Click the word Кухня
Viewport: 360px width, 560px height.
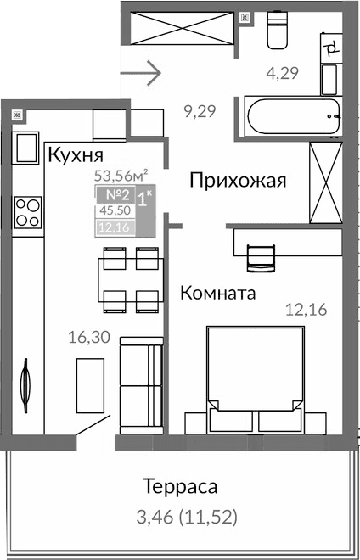(x=76, y=155)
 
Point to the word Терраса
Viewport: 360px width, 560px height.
(x=180, y=487)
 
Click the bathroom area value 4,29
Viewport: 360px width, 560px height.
(x=282, y=73)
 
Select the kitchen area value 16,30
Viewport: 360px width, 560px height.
(x=88, y=337)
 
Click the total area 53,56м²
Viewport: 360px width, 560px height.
(x=121, y=176)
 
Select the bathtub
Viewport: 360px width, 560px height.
(x=292, y=115)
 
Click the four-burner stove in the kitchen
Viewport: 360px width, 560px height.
(x=28, y=210)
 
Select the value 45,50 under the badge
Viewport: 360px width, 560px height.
(x=112, y=211)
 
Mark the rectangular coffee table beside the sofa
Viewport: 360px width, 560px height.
(x=90, y=385)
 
